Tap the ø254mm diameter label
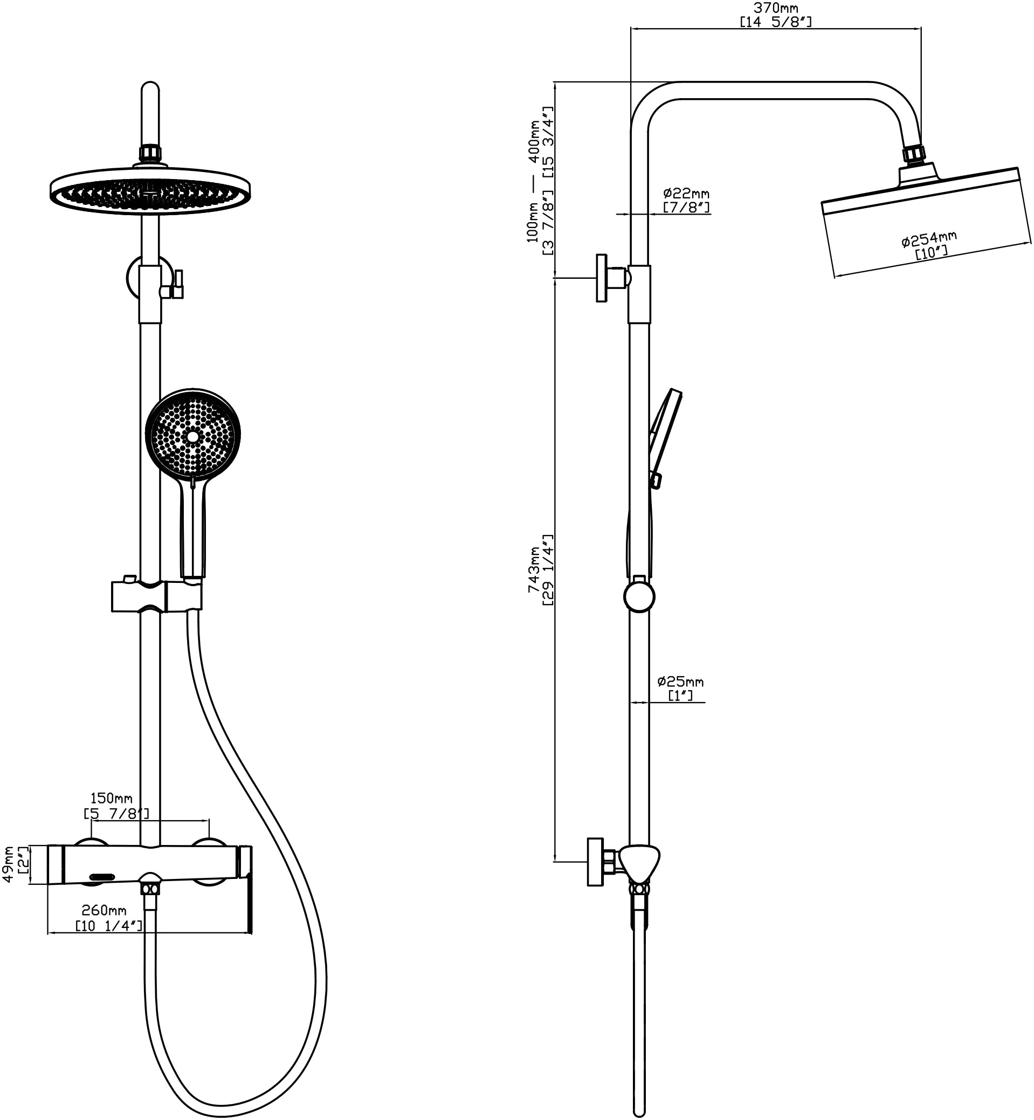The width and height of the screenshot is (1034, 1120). click(929, 239)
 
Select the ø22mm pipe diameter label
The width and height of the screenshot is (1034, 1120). click(686, 194)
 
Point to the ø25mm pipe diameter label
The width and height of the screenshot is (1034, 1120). click(680, 682)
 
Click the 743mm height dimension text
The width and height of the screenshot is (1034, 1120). click(534, 571)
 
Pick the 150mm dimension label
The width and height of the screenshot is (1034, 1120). click(112, 798)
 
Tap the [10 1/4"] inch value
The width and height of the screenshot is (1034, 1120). click(109, 926)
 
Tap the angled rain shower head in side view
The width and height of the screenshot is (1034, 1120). click(926, 221)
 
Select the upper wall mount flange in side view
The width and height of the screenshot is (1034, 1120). click(602, 278)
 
